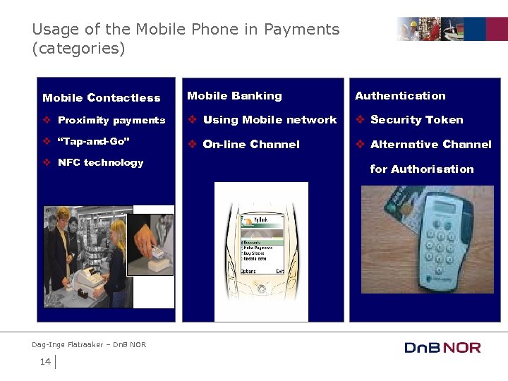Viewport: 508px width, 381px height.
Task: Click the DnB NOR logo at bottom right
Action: pos(442,347)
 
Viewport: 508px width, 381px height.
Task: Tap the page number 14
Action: pos(45,362)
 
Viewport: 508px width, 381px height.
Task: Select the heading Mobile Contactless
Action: pos(102,98)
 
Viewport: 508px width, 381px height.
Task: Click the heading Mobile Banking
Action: pos(234,96)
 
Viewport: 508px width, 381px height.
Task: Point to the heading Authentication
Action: pos(400,96)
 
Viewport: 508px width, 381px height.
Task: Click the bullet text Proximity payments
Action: pos(111,121)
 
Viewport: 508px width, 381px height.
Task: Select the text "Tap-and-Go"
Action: pos(94,141)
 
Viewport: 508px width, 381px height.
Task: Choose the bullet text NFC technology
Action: pos(100,163)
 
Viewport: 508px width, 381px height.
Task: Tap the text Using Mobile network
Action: pos(270,120)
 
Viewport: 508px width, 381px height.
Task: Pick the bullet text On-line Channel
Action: pos(251,145)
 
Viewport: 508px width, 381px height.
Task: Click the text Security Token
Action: pos(417,120)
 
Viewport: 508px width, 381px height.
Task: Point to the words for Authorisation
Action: pos(422,169)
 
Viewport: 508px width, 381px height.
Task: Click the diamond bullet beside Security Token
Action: pos(360,120)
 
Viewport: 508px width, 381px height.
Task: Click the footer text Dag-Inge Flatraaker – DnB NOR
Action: pos(89,344)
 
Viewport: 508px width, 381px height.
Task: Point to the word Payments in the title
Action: pos(301,30)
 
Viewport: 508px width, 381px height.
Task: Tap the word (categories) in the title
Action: pos(78,49)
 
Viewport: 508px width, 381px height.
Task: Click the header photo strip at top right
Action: pos(452,29)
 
